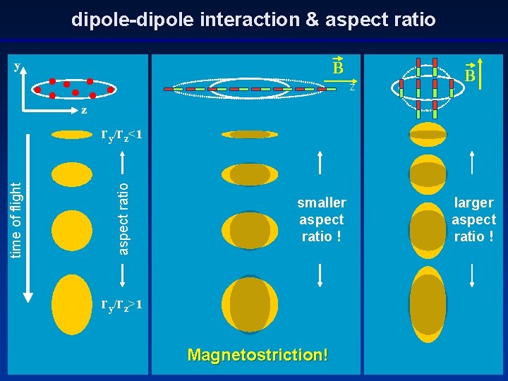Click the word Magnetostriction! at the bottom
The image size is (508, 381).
[x=258, y=354]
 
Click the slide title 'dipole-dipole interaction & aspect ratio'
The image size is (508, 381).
[x=253, y=19]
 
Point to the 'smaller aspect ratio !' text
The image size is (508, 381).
[x=322, y=219]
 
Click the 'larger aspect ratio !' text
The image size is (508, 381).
[x=473, y=219]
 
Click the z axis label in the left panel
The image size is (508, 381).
[x=83, y=110]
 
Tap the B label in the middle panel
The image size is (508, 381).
[x=338, y=68]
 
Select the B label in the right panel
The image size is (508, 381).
[x=468, y=74]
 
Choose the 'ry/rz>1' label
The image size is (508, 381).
[x=122, y=305]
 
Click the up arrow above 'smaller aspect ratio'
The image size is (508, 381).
[x=321, y=163]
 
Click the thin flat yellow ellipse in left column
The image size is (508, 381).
[x=73, y=134]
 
